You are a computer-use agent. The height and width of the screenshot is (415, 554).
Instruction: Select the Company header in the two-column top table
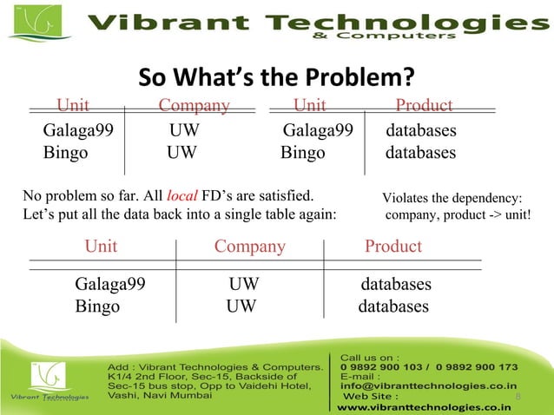[x=194, y=106]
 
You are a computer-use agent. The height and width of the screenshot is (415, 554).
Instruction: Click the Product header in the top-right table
[x=424, y=106]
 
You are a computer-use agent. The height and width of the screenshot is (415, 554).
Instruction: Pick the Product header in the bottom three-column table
[x=393, y=247]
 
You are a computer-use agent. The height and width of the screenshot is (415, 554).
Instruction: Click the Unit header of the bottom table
[x=101, y=247]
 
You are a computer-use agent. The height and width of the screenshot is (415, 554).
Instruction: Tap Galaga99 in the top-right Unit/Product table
[x=318, y=132]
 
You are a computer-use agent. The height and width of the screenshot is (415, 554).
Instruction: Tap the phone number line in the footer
[x=429, y=366]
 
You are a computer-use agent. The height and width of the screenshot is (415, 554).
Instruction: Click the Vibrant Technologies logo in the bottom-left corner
[x=48, y=383]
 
